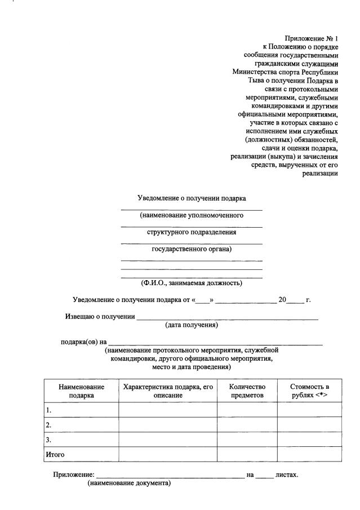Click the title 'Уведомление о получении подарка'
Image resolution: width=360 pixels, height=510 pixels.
(192, 198)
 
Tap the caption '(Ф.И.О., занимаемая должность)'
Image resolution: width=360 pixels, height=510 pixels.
(192, 283)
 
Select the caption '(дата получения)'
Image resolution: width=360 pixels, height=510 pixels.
(192, 325)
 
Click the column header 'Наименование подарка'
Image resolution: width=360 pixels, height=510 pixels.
(82, 391)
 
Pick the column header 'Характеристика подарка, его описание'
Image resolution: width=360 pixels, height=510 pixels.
(168, 391)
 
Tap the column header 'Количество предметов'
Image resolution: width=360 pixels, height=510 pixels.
(247, 391)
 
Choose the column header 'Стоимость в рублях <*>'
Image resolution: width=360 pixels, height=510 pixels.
(309, 391)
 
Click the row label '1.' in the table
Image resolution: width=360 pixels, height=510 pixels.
(50, 410)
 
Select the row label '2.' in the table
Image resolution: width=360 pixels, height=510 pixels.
(50, 425)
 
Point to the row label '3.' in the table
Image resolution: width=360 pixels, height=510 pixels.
(50, 440)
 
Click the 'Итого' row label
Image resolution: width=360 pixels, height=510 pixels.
(55, 454)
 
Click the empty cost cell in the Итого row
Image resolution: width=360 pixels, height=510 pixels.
(309, 454)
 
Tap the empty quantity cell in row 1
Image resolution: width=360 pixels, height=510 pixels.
(247, 410)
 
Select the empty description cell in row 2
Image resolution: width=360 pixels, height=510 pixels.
(168, 424)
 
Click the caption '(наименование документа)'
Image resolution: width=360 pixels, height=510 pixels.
(128, 484)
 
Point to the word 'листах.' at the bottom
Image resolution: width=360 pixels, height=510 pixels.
(287, 474)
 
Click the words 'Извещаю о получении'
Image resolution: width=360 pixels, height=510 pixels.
(100, 316)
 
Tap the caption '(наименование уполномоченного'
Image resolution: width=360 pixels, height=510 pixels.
(192, 215)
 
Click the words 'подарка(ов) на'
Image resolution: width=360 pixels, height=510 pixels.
(83, 342)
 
